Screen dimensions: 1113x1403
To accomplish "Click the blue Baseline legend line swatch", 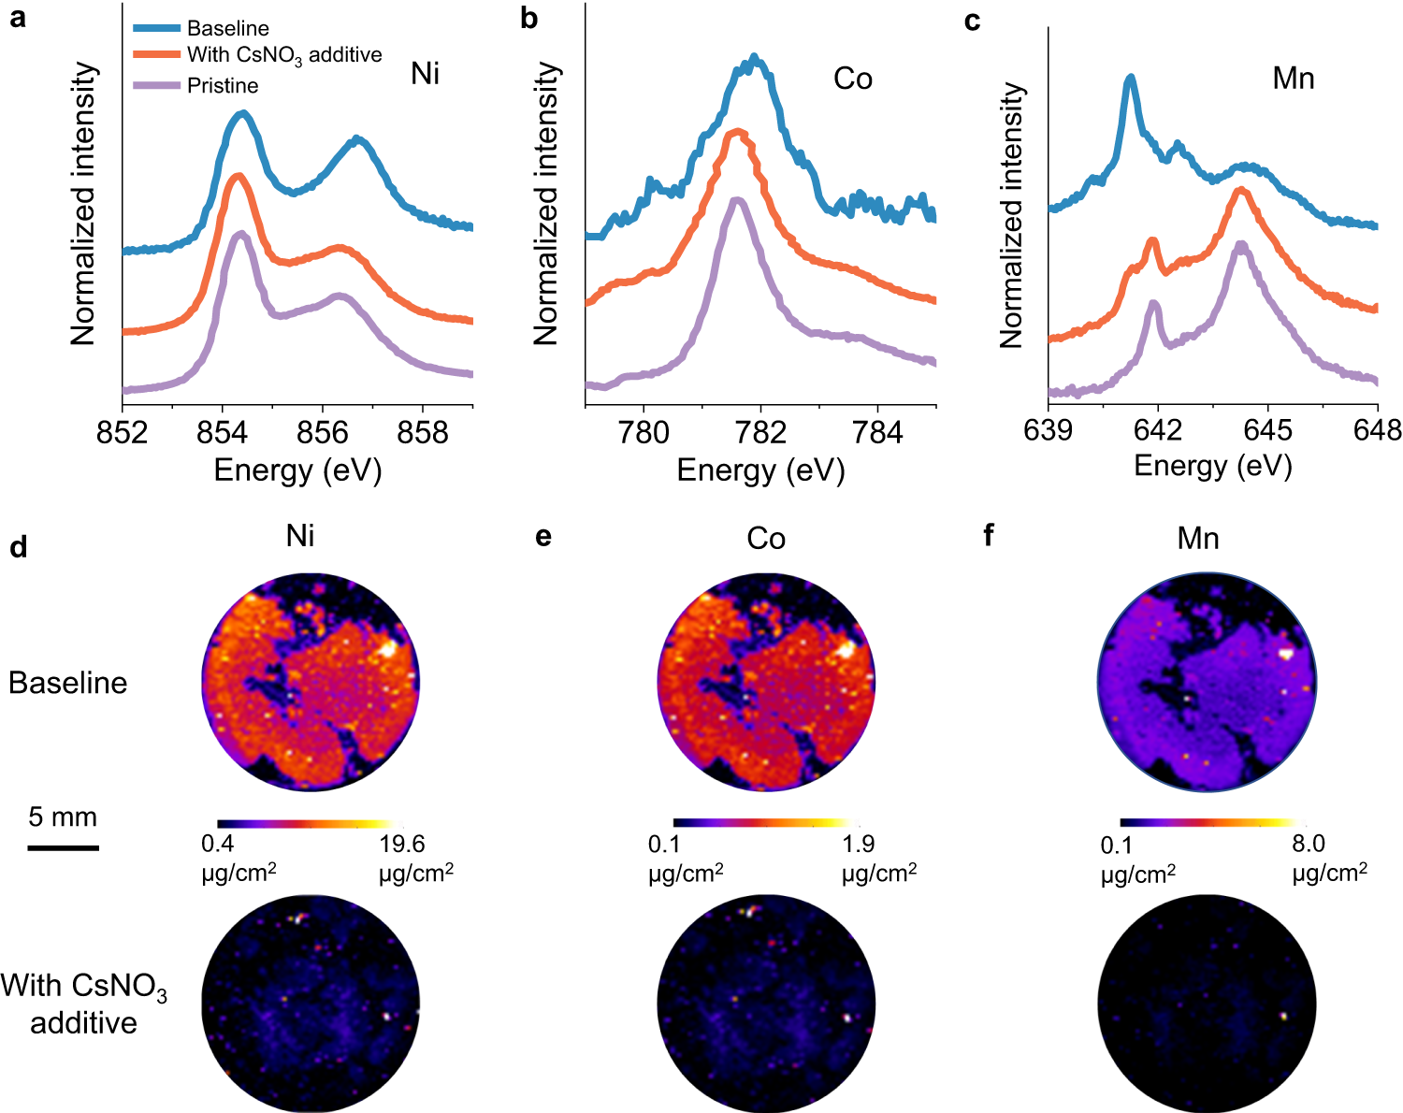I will [156, 28].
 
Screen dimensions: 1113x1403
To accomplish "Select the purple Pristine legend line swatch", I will [156, 86].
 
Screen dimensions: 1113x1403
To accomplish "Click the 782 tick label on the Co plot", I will [760, 432].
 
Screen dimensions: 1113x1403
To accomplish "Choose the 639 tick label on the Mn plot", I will [1049, 430].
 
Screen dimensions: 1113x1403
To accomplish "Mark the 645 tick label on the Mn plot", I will [1268, 430].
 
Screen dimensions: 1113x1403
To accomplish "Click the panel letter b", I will [529, 19].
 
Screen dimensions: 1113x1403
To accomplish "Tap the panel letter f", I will [989, 536].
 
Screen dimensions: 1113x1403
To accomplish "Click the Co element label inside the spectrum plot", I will [852, 79].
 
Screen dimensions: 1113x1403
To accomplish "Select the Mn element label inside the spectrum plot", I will [1294, 79].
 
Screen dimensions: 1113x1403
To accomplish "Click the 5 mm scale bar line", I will [63, 847].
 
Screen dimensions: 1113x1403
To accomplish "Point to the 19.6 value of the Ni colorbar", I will [402, 845].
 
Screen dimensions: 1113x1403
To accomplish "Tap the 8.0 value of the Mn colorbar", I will [1308, 845].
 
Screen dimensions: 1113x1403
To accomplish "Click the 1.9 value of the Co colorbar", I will [858, 845].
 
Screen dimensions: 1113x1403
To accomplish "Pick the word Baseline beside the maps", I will [67, 683].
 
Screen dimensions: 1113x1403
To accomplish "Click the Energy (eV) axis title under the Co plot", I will [760, 470].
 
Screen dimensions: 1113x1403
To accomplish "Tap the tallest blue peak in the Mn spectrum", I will [1131, 79].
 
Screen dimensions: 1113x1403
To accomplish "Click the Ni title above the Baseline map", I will [300, 536].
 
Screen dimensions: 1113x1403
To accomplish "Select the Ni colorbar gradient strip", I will [309, 824].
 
